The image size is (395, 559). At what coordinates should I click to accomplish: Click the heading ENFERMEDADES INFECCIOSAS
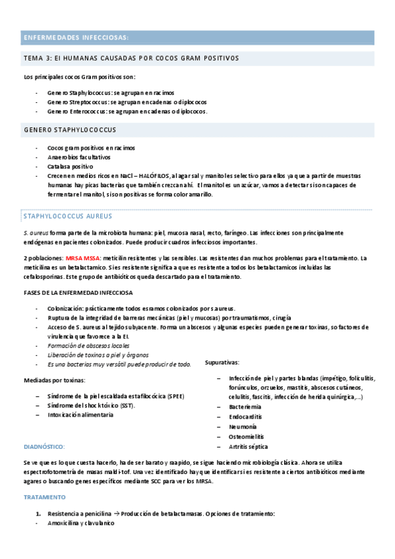pyautogui.click(x=76, y=37)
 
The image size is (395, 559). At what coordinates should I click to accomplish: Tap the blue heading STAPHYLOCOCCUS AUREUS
pyautogui.click(x=68, y=216)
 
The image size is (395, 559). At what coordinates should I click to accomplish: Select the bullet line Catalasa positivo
pyautogui.click(x=70, y=167)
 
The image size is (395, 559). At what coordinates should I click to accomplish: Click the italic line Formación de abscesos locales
pyautogui.click(x=88, y=345)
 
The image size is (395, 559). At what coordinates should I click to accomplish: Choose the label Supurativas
pyautogui.click(x=222, y=363)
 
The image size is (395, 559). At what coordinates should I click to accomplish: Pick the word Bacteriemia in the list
pyautogui.click(x=247, y=407)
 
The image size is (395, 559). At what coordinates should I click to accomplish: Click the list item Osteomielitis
pyautogui.click(x=247, y=436)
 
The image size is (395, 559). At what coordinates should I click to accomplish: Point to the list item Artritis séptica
pyautogui.click(x=249, y=446)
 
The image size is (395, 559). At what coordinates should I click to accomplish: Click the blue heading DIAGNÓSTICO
pyautogui.click(x=44, y=446)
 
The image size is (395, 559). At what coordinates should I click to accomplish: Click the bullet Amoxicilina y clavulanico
pyautogui.click(x=80, y=523)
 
